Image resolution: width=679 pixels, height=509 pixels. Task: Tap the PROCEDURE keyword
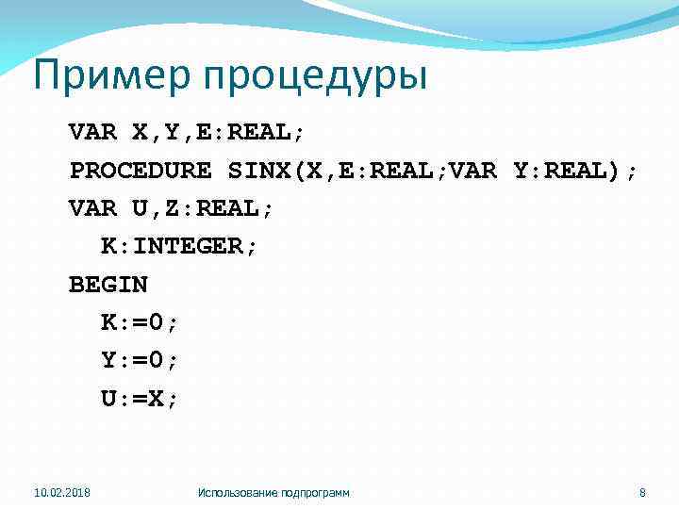(x=141, y=171)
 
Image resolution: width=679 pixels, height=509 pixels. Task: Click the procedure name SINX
(x=258, y=171)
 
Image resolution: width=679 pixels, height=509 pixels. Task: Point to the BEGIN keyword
(x=108, y=284)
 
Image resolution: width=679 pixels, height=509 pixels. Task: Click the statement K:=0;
(x=140, y=322)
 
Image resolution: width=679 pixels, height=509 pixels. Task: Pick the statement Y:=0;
(x=140, y=360)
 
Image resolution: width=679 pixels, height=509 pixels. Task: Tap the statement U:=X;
(x=140, y=398)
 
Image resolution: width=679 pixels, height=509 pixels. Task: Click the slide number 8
(x=642, y=493)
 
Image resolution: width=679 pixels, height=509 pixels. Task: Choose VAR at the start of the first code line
(x=92, y=132)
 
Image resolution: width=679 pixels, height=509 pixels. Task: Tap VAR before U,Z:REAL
(x=92, y=208)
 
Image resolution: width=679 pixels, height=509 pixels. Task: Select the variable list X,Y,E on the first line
(x=172, y=132)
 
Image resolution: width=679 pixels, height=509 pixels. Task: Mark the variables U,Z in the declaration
(x=156, y=208)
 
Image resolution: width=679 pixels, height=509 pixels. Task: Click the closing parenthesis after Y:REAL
(x=616, y=171)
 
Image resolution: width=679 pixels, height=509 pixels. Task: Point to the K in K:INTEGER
(x=109, y=246)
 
